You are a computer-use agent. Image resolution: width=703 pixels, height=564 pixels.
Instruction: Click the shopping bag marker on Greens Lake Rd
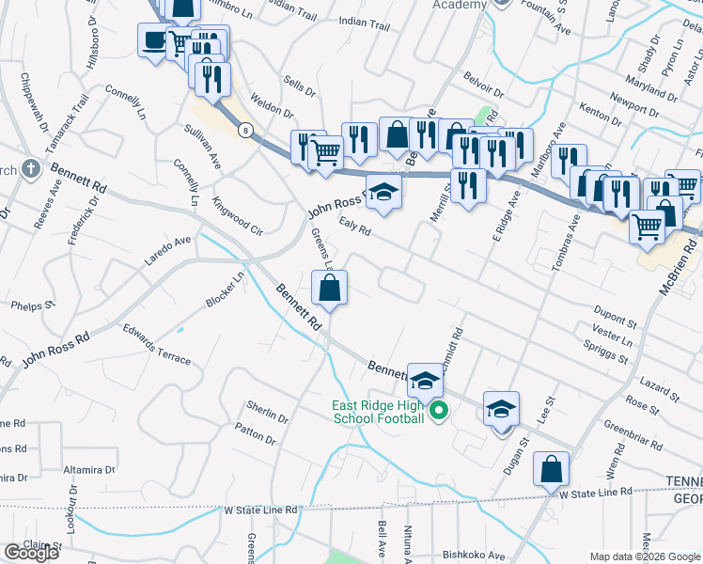(330, 288)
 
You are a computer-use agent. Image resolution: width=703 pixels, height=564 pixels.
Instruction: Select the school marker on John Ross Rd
(383, 194)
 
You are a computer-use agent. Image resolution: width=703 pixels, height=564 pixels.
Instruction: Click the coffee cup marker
(153, 40)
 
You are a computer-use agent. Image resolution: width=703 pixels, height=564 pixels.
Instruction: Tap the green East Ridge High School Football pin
(438, 411)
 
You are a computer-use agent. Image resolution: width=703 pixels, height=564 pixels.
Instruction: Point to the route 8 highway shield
(245, 129)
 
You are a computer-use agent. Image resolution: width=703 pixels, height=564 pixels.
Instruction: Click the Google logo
(30, 552)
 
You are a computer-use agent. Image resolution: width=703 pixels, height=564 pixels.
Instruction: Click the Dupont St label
(616, 309)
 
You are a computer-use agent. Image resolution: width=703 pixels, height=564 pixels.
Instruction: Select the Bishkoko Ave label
(474, 555)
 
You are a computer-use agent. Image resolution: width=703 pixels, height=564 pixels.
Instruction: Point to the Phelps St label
(33, 305)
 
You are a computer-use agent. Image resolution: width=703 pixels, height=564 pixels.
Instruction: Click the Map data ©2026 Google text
(645, 556)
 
